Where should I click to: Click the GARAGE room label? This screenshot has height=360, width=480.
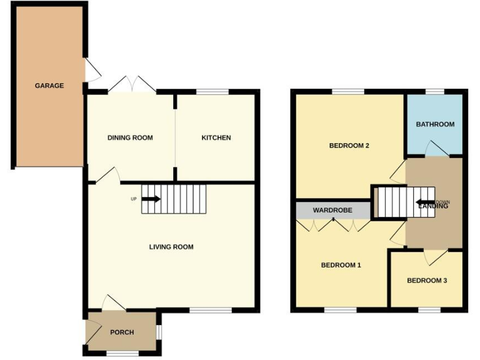tap(49, 86)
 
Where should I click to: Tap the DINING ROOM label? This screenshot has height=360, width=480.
tap(130, 137)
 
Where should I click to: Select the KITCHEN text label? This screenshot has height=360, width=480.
tap(216, 137)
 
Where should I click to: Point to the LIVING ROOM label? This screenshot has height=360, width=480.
tap(171, 247)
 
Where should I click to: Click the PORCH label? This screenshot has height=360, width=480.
tap(122, 332)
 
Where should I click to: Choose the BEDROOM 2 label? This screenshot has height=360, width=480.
tap(349, 146)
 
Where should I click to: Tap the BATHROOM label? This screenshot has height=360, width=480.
tap(435, 124)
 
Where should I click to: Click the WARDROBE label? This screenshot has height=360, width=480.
tap(332, 211)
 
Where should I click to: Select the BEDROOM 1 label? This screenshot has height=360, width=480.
tap(341, 265)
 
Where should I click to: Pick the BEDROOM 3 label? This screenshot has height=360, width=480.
tap(427, 281)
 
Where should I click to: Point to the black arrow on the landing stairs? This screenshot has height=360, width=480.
tap(426, 202)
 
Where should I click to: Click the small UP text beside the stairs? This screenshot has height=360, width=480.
tap(133, 199)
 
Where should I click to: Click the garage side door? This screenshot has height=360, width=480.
tap(92, 70)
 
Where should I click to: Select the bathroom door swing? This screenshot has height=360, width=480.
tap(436, 149)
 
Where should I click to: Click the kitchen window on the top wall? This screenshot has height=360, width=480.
tap(212, 92)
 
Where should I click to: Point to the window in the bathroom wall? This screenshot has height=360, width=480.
tap(435, 92)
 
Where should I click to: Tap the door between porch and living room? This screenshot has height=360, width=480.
tap(113, 302)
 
